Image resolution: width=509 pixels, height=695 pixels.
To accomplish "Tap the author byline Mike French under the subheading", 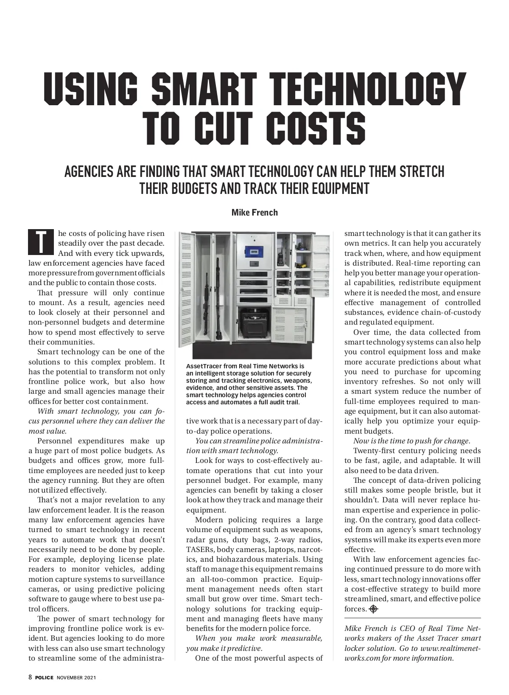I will (255, 212).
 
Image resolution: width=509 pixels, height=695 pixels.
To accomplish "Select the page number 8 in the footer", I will (30, 678).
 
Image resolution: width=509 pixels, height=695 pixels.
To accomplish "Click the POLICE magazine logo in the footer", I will (44, 678).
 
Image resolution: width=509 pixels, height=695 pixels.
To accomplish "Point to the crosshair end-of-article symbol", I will (373, 609).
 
